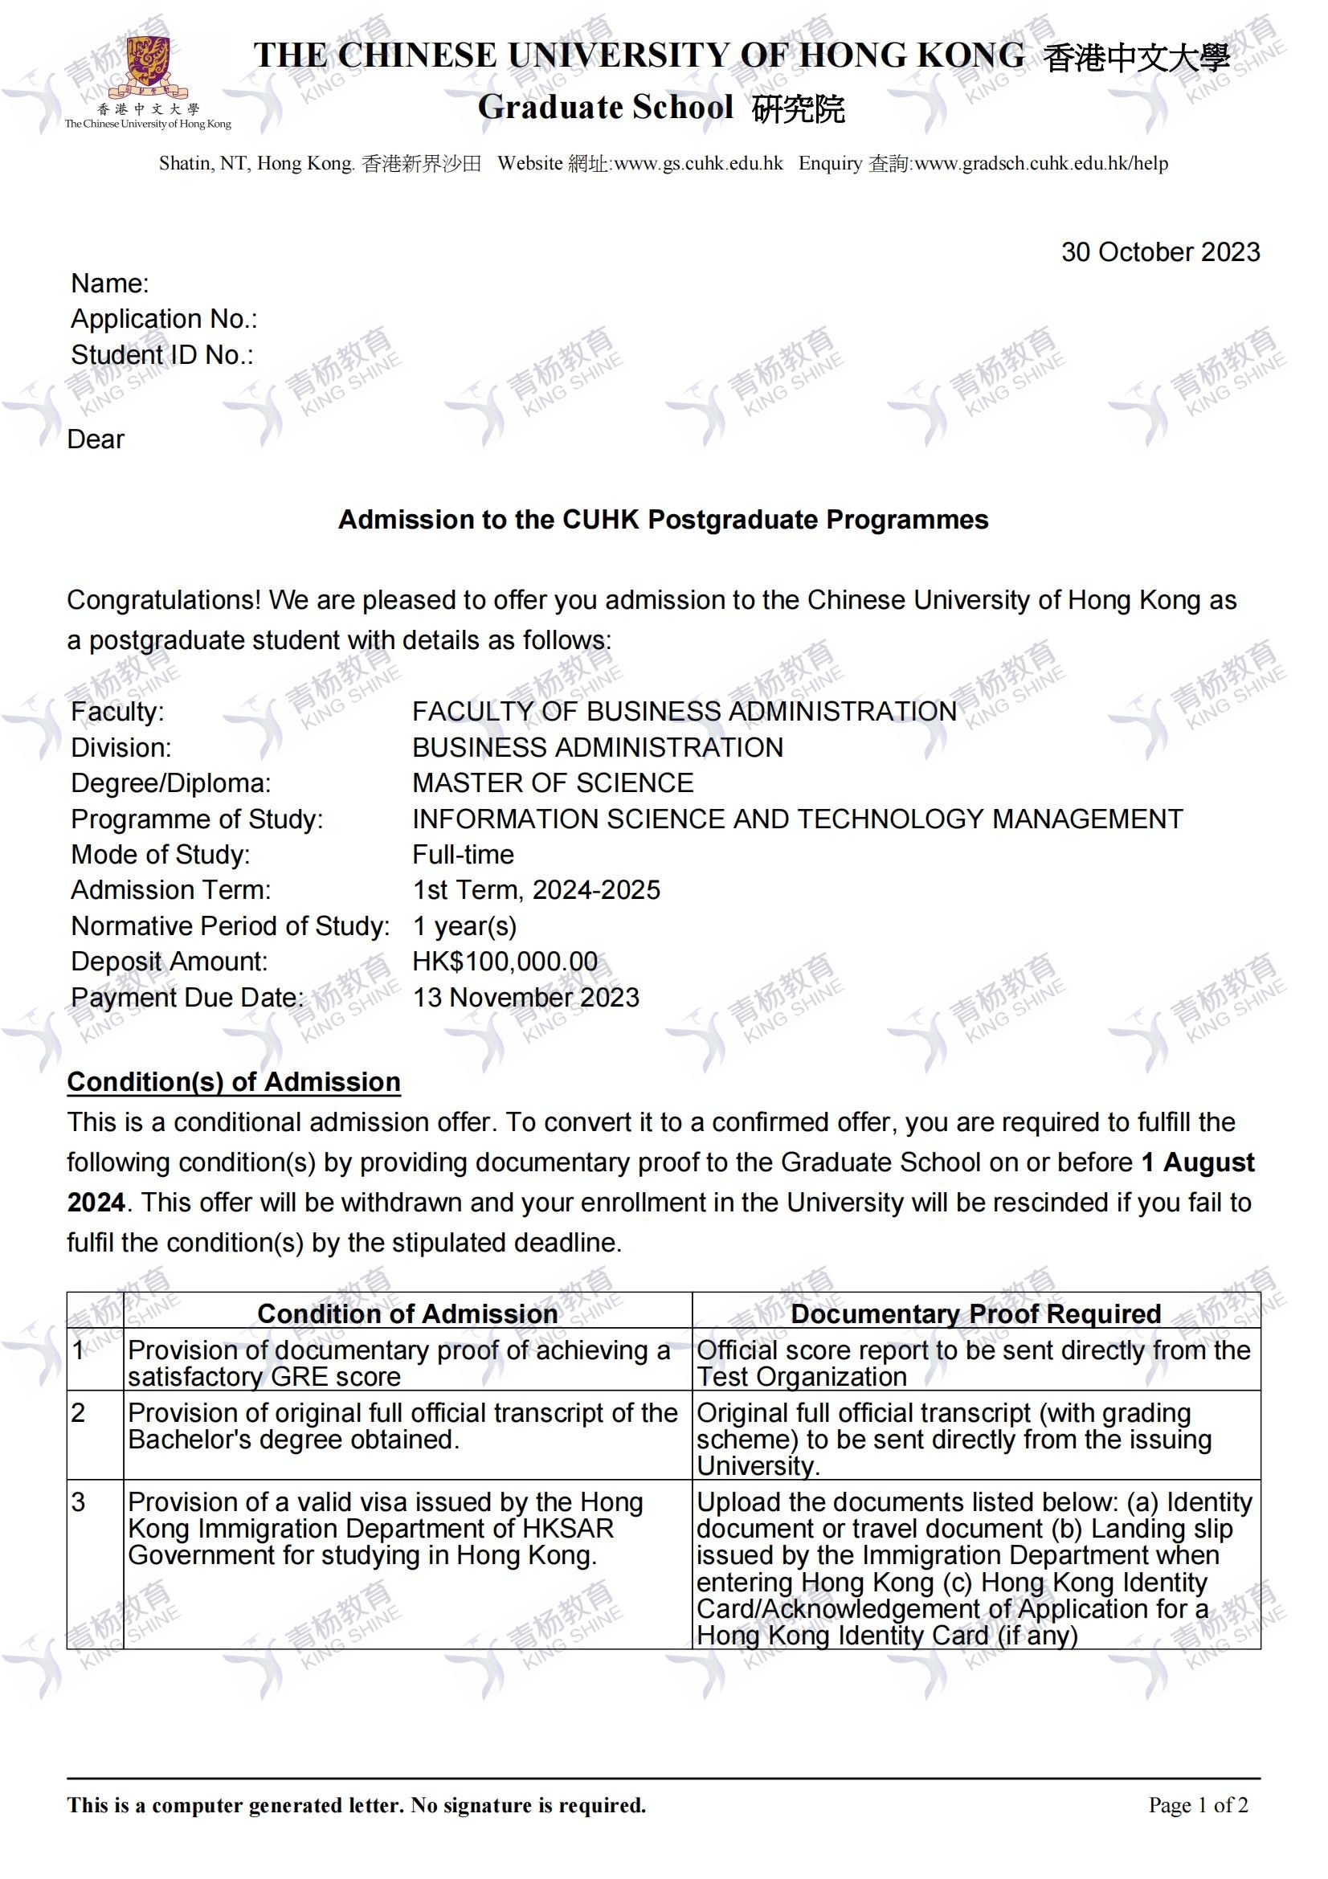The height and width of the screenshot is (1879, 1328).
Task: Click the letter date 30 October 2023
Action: (1159, 252)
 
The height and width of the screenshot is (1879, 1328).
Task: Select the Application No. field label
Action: (164, 319)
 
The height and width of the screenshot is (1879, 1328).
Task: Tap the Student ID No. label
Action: (162, 355)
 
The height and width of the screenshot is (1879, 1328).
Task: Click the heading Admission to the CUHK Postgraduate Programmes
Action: (663, 520)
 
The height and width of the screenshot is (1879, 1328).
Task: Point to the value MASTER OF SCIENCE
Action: (552, 783)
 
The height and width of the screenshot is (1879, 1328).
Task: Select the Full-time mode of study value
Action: (463, 855)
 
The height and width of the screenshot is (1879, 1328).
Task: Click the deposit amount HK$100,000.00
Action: (505, 962)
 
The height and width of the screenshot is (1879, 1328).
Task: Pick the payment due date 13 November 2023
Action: (525, 998)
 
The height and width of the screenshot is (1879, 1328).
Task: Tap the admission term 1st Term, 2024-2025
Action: (536, 890)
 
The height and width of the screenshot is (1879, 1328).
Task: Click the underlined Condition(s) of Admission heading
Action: (233, 1082)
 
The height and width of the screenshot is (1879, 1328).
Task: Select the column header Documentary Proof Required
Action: (975, 1313)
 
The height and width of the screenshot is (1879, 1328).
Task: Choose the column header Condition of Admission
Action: (407, 1313)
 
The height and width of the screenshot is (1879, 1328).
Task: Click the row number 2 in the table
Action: (79, 1413)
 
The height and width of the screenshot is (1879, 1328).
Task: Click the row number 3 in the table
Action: (79, 1502)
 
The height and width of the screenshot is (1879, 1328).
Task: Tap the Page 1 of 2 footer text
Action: (1198, 1804)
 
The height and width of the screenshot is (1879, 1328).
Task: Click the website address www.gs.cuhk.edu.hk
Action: (698, 164)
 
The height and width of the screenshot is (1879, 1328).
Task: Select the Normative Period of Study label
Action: (230, 926)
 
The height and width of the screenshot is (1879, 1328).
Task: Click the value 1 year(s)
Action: (464, 926)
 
